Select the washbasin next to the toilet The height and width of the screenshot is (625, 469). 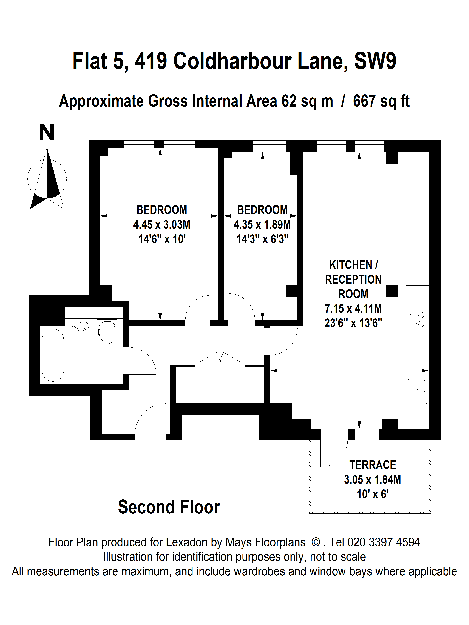click(81, 324)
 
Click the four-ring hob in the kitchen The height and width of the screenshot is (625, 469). click(417, 319)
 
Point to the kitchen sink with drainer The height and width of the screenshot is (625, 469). click(417, 392)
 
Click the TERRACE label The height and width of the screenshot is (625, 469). click(373, 465)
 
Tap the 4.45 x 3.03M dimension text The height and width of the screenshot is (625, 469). click(162, 225)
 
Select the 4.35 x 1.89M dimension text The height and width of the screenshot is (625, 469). click(262, 225)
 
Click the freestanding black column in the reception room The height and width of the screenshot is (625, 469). click(392, 291)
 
